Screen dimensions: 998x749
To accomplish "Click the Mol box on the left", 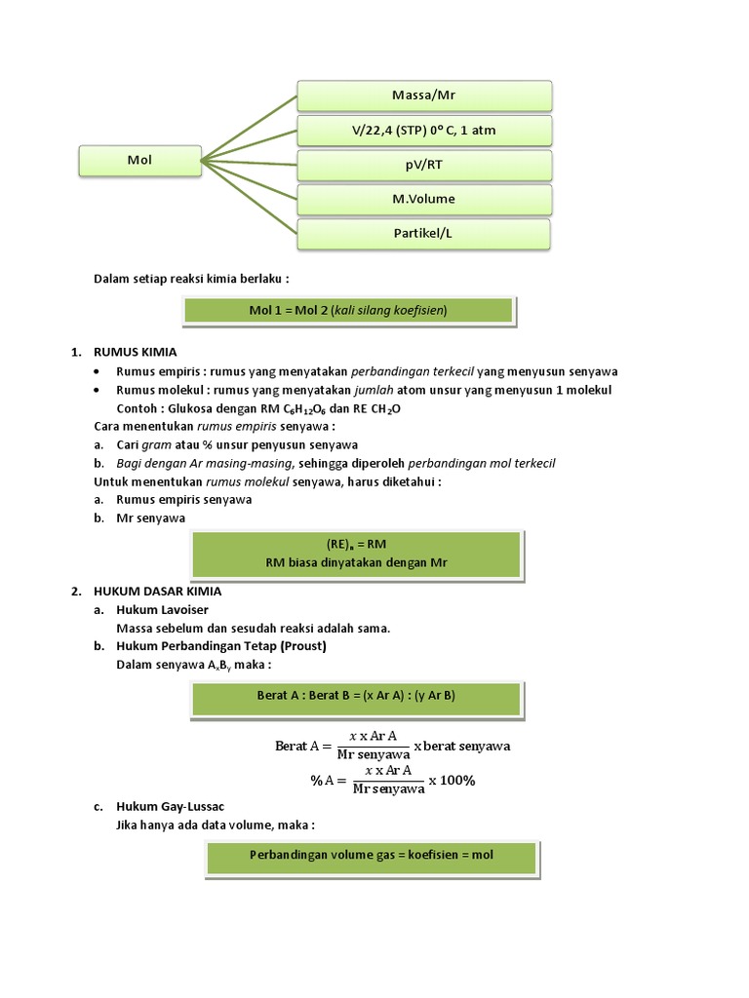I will (x=139, y=161).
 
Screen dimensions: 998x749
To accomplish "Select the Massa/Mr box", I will (x=424, y=96).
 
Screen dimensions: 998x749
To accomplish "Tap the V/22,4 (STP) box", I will (x=424, y=131).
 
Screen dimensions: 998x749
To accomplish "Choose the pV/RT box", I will (x=424, y=165).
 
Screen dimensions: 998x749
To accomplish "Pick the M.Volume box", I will (x=424, y=199).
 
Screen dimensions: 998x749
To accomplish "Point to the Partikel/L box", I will (x=424, y=234).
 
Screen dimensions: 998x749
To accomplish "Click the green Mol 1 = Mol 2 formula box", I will (x=348, y=311).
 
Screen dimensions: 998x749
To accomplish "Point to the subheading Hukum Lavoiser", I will (x=163, y=609).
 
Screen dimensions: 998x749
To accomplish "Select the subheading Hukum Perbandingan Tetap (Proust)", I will (x=221, y=646).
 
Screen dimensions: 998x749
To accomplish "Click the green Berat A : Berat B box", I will (x=357, y=696).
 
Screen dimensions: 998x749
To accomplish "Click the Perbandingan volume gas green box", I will (x=372, y=858).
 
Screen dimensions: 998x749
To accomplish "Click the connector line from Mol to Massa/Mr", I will (x=249, y=128).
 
